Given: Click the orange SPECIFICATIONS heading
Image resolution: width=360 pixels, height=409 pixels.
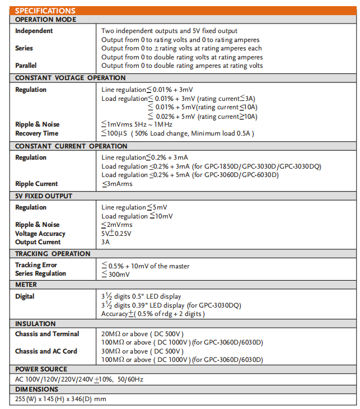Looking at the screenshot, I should [x=45, y=11].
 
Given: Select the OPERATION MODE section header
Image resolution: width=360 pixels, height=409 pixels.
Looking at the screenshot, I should [x=46, y=20].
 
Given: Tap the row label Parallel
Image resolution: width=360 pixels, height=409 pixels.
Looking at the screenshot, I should [x=26, y=66].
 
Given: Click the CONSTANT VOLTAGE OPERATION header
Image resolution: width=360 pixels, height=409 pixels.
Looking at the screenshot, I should [x=71, y=78].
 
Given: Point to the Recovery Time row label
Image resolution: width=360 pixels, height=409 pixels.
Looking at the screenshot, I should [x=38, y=133].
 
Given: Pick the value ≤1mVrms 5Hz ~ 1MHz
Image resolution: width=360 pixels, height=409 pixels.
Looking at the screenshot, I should [x=137, y=124].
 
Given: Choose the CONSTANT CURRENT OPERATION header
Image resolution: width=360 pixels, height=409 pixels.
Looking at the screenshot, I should [x=71, y=146].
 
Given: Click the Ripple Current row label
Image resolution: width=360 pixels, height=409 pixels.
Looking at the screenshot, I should [x=36, y=184].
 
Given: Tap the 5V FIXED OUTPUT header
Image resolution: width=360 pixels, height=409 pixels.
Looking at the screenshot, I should [x=44, y=196].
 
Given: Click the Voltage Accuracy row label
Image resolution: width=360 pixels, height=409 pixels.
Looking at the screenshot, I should [x=40, y=234].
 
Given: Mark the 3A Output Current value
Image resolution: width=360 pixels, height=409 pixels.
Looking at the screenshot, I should [x=106, y=242].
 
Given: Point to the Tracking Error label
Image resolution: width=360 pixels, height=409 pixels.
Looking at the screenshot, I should [x=36, y=265].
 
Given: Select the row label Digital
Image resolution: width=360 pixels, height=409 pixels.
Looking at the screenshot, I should [x=25, y=296].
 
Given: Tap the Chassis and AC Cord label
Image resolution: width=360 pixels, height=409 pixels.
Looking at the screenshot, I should [x=46, y=351].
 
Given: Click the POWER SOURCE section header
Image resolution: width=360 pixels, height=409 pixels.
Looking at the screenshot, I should [x=41, y=369].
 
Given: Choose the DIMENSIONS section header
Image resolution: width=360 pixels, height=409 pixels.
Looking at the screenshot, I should [x=37, y=389].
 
